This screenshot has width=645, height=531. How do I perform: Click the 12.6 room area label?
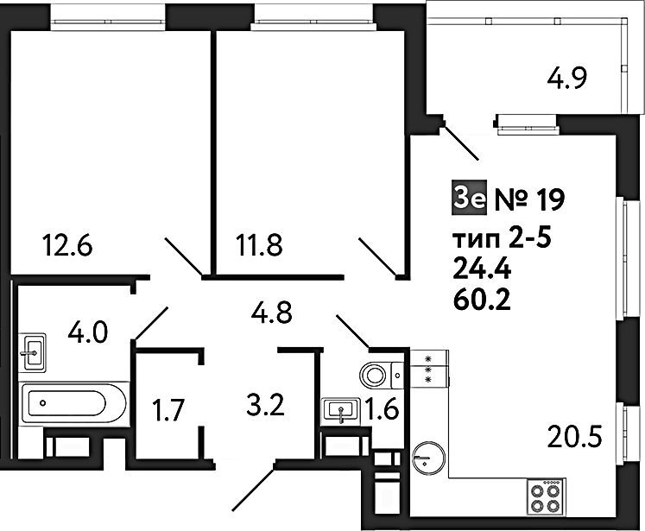tap(68, 245)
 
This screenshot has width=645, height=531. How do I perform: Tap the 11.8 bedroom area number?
tap(259, 245)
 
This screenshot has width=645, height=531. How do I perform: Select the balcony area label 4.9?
tap(566, 78)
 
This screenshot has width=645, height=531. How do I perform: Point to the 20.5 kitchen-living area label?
tap(575, 436)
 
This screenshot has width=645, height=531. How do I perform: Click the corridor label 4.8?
tap(271, 313)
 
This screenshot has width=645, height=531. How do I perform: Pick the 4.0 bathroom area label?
tap(87, 332)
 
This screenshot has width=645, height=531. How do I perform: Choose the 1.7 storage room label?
tap(167, 410)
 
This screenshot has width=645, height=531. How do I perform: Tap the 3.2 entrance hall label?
tap(265, 405)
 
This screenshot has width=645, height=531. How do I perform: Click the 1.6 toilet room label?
tap(383, 410)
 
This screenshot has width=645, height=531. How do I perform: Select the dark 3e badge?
tap(470, 198)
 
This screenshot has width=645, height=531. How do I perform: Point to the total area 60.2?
tap(482, 300)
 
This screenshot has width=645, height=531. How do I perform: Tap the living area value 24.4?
tap(482, 270)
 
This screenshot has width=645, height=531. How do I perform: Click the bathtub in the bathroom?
tap(73, 403)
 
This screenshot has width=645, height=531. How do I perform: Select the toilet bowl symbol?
tap(381, 375)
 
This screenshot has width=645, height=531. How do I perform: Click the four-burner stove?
tap(547, 496)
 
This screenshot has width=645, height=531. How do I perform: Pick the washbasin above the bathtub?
tap(32, 352)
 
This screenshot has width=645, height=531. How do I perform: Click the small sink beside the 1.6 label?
tap(342, 410)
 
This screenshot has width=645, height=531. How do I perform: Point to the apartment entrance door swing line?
tap(253, 490)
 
